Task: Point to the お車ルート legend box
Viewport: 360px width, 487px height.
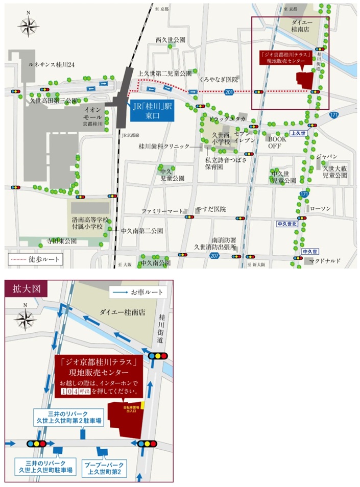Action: pyautogui.click(x=138, y=293)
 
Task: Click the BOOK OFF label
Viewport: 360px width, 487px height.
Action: pyautogui.click(x=278, y=142)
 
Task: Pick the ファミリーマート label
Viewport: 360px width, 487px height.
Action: pyautogui.click(x=162, y=210)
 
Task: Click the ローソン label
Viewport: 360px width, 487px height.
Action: pyautogui.click(x=321, y=209)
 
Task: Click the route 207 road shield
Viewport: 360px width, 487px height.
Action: pyautogui.click(x=215, y=256)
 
